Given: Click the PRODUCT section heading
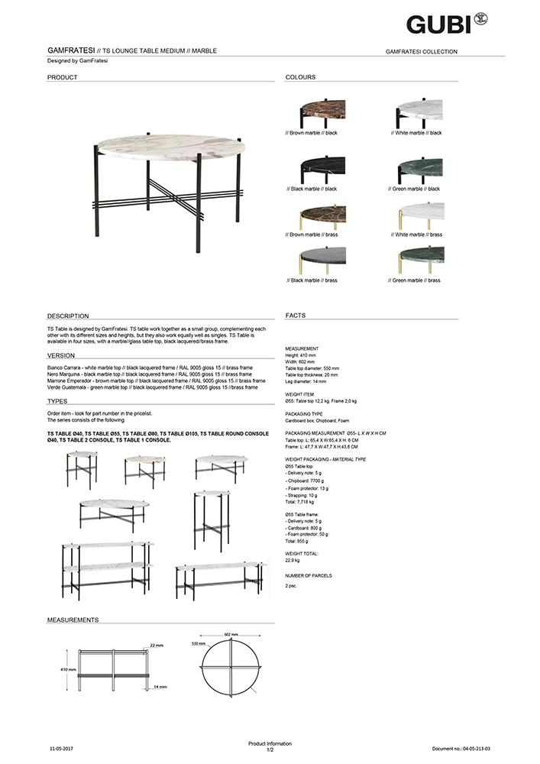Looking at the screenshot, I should coord(63,78).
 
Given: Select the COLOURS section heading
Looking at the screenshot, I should coord(300,78).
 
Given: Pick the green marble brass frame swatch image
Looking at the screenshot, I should coord(421,261).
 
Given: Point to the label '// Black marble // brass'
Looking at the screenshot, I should coord(313,280).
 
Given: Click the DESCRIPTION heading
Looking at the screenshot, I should coord(68,316).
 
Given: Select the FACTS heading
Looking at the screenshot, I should coord(296,316).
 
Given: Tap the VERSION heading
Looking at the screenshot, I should coord(61,355).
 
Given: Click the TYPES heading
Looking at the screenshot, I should coord(57,401).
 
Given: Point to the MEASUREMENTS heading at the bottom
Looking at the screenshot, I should coord(73,620).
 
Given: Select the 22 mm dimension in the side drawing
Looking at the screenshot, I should coord(157,646).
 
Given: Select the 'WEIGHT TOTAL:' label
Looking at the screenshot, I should coord(302,553).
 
